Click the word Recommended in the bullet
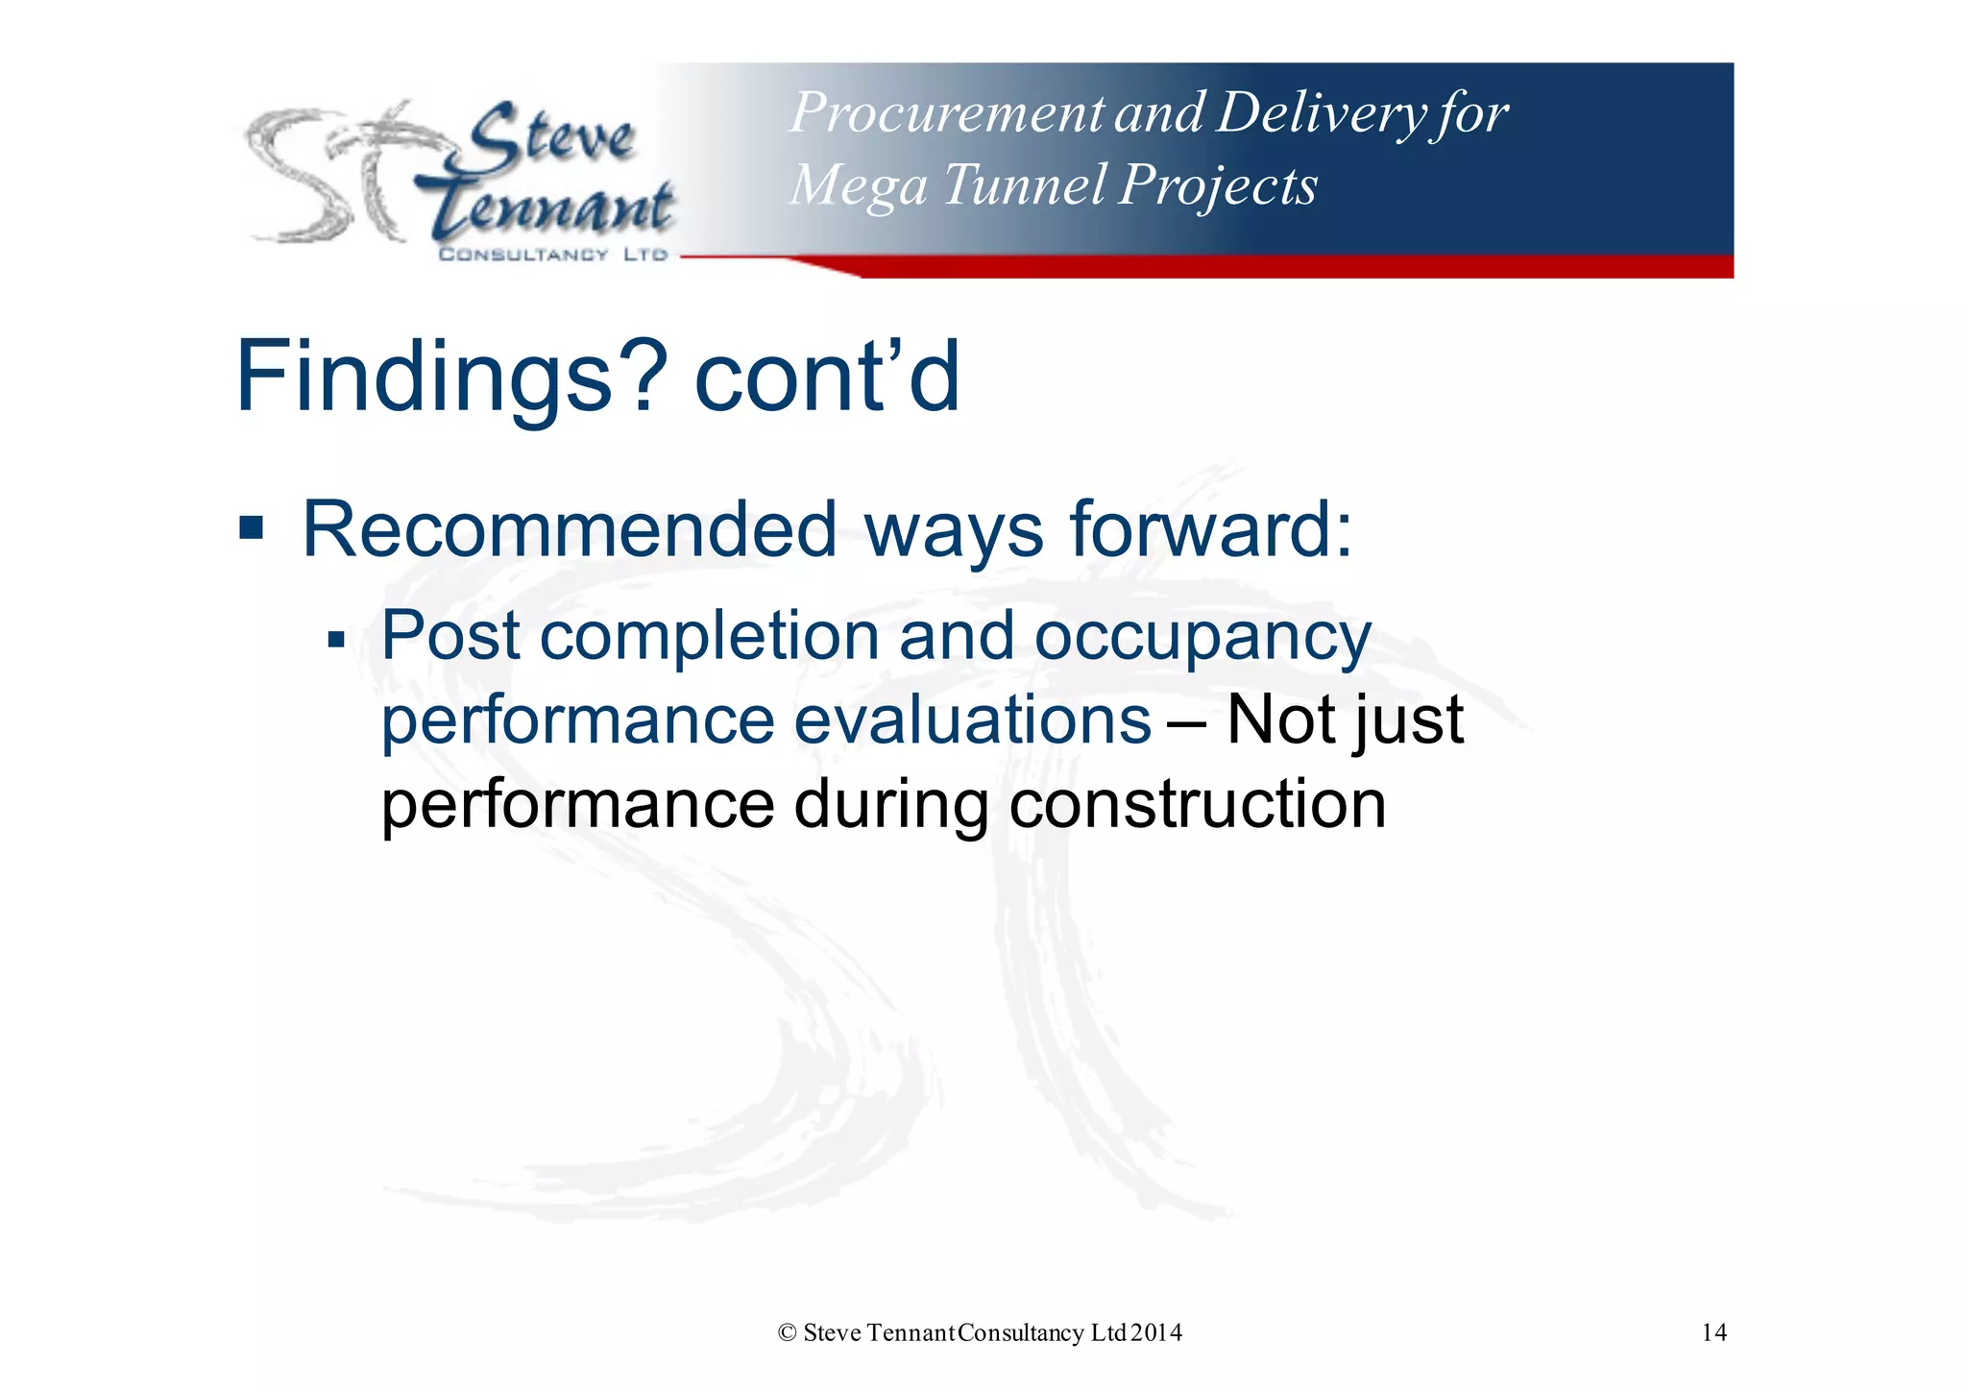[570, 529]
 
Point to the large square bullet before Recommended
[252, 527]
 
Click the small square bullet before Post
[335, 639]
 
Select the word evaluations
[972, 720]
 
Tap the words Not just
[1345, 720]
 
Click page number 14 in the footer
[1713, 1332]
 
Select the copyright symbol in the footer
[788, 1332]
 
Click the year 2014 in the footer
[1156, 1332]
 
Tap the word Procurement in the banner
[946, 113]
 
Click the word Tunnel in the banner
[1024, 184]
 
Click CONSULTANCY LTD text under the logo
[552, 255]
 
